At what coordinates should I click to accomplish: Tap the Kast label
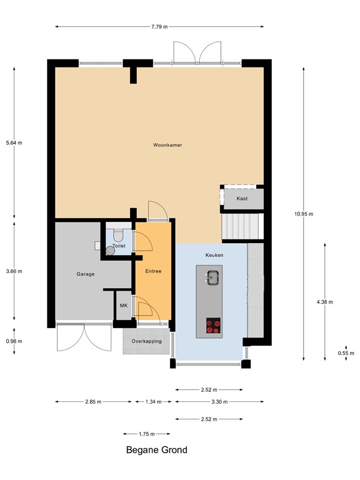click(x=242, y=198)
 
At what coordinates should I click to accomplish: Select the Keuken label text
click(x=214, y=255)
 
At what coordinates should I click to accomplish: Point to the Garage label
click(x=85, y=274)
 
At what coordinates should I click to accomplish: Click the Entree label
click(x=153, y=271)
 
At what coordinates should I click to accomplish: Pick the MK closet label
click(x=123, y=306)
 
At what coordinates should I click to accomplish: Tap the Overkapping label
click(x=147, y=341)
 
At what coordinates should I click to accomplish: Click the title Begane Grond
click(x=156, y=449)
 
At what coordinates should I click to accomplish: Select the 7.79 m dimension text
click(x=159, y=27)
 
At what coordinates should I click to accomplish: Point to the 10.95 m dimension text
click(x=304, y=214)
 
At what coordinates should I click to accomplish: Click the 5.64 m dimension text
click(x=14, y=143)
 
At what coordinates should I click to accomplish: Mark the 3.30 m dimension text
click(x=219, y=402)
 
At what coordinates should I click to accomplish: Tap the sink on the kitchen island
click(x=212, y=277)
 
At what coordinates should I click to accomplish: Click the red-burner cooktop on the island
click(x=213, y=325)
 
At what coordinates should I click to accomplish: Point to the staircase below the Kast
click(x=241, y=226)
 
